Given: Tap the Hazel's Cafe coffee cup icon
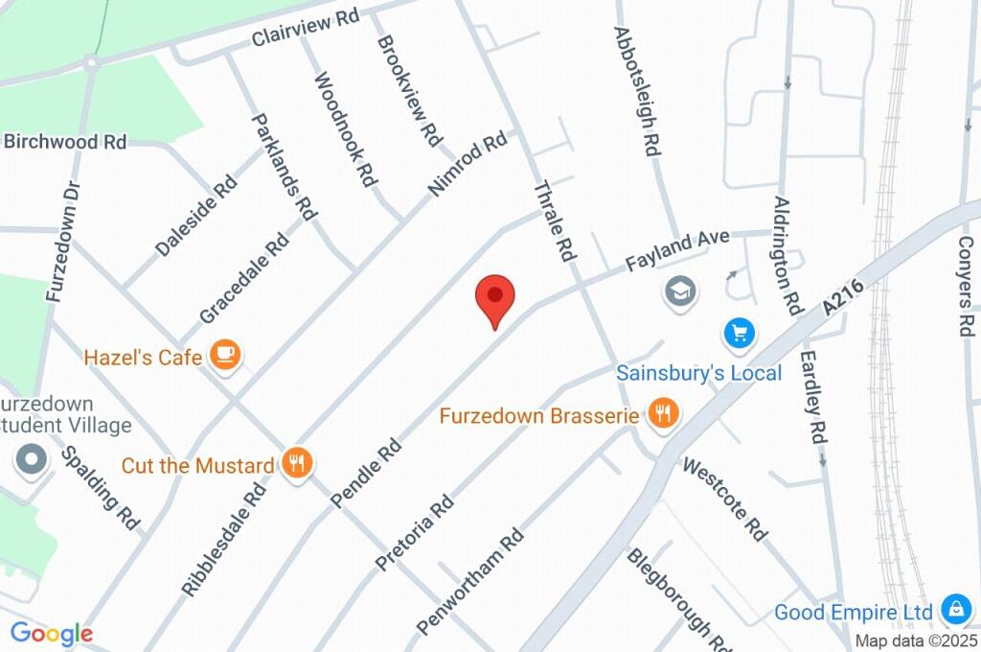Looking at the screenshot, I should tap(226, 355).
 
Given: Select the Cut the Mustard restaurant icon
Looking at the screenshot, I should tap(298, 464).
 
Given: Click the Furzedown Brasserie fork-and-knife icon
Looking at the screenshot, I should tap(663, 414).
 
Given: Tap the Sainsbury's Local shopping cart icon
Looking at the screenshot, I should tap(740, 334).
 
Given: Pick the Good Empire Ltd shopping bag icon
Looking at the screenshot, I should tap(955, 609).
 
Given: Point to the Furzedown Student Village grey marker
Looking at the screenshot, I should tap(32, 459).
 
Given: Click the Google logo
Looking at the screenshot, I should tap(52, 634).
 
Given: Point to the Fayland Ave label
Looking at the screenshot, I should tap(678, 249).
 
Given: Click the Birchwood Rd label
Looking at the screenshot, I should tap(65, 142).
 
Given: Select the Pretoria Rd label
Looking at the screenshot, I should tap(415, 533).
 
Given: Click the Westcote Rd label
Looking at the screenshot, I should tap(726, 500).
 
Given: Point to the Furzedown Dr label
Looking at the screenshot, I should tap(60, 242).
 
